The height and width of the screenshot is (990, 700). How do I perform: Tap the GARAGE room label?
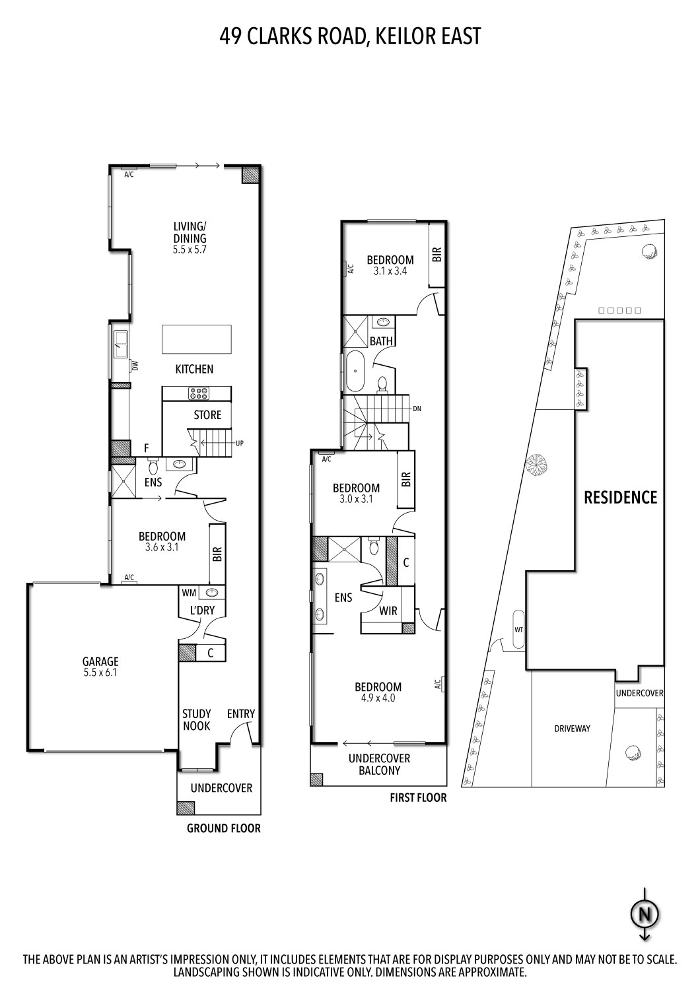[x=100, y=661]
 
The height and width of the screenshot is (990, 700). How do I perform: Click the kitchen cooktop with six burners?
[x=199, y=393]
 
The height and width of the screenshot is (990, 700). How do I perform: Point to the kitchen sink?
[x=121, y=341]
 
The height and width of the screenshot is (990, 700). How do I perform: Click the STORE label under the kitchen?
[x=207, y=415]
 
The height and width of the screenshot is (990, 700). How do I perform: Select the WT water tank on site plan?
[x=518, y=630]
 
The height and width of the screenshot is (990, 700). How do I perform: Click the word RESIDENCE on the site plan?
[x=620, y=497]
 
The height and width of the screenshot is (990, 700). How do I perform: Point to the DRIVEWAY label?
[x=572, y=729]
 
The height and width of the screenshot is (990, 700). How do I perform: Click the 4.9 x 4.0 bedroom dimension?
[x=379, y=698]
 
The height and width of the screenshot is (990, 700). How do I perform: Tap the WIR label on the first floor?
[x=388, y=611]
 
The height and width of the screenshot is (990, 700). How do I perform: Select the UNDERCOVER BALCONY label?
[x=379, y=764]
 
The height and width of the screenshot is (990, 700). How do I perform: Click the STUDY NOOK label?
[x=197, y=719]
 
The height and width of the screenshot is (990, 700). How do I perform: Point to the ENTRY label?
[x=240, y=713]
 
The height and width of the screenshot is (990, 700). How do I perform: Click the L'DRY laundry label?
[x=202, y=610]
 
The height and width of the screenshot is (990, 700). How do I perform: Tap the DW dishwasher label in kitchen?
[x=135, y=365]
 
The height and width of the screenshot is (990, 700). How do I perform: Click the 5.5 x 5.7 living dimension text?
[x=190, y=250]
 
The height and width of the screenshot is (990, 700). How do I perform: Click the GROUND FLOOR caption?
[x=223, y=828]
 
